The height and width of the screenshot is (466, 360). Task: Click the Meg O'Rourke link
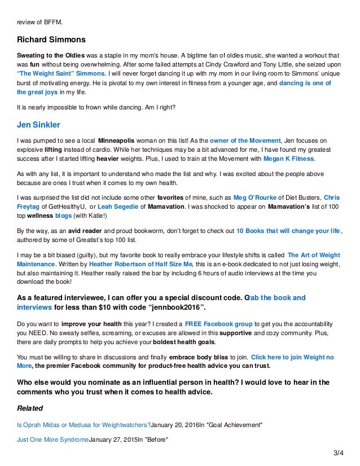coord(256,199)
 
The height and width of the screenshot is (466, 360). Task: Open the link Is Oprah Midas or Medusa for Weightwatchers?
coord(84,424)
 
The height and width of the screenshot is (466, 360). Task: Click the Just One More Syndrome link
coord(54,439)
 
